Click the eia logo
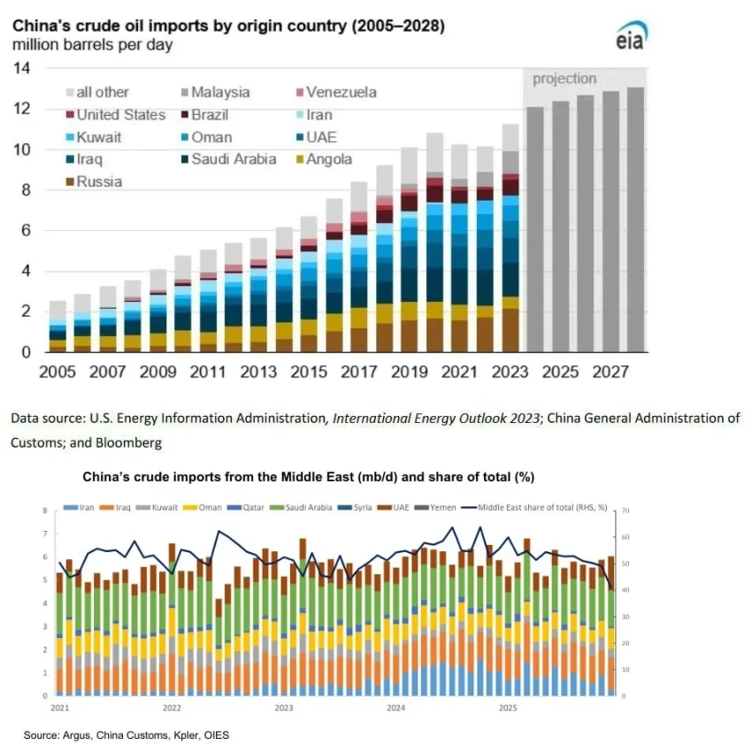(x=632, y=35)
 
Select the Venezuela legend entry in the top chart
(x=335, y=92)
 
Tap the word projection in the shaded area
(x=564, y=79)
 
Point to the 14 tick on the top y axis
(x=23, y=68)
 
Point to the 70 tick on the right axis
(x=625, y=511)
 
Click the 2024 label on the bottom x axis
(x=395, y=709)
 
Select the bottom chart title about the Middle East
(x=309, y=477)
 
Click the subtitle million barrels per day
(x=93, y=44)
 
